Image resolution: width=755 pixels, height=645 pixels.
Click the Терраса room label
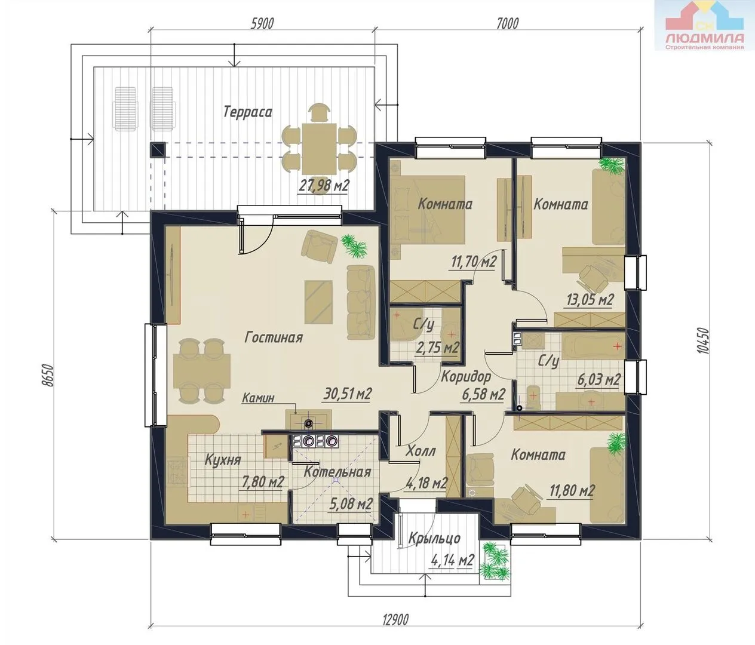pos(248,112)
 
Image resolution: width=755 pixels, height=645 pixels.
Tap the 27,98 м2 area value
pos(324,186)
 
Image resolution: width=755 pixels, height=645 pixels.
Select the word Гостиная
pos(274,337)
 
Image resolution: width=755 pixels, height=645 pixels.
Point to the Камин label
pos(258,398)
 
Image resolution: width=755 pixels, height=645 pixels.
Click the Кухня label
pos(222,460)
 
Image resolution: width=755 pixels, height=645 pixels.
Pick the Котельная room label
pos(337,472)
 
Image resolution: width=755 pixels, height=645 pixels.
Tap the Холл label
pos(421,451)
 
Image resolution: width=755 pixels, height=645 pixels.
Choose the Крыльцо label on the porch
pos(434,538)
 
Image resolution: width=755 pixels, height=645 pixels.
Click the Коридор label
pos(466,377)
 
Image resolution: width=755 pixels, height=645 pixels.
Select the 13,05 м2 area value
pos(590,299)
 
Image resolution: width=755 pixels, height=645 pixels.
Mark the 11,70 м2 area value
pos(474,262)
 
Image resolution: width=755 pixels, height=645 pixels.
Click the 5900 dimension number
pos(262,23)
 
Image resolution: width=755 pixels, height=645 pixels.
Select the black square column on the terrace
pos(158,150)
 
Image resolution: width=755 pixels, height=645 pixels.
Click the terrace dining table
pos(318,149)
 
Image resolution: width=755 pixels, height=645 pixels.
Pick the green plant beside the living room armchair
pos(354,246)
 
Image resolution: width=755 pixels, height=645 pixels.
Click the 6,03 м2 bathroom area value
pos(599,380)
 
